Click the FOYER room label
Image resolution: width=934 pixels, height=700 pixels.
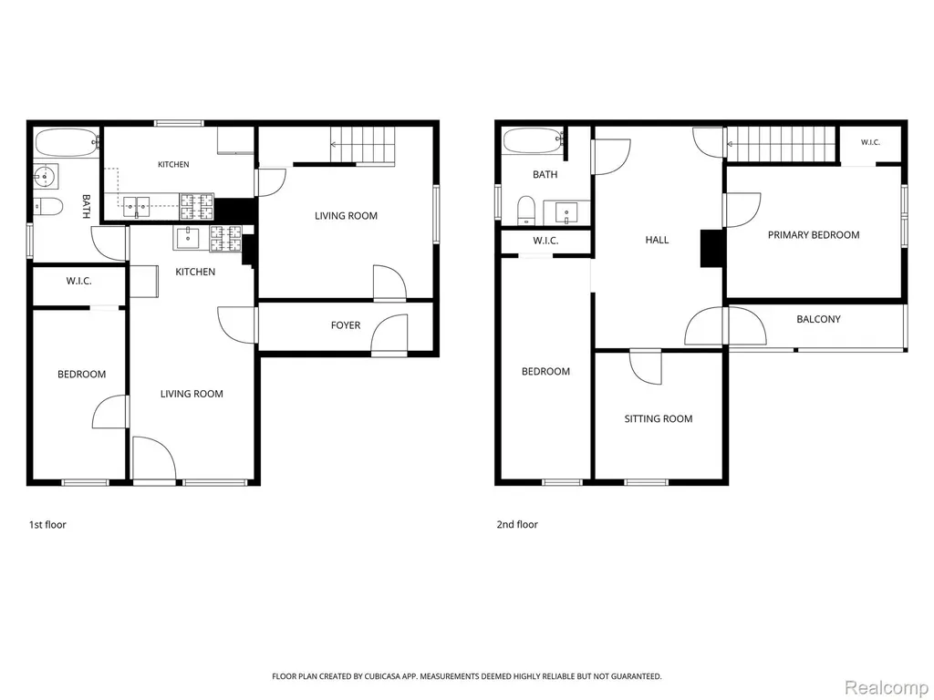pos(346,325)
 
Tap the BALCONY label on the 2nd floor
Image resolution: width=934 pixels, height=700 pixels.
pos(818,319)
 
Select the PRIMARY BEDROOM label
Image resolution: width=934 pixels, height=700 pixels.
pos(813,235)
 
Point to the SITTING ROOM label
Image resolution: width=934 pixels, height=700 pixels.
pos(659,419)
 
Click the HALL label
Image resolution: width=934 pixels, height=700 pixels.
pos(657,240)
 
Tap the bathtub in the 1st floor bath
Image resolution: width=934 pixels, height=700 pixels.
pos(67,143)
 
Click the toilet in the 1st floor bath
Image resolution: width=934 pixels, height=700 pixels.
pos(48,206)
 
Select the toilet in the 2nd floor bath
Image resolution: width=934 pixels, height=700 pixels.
pos(526,210)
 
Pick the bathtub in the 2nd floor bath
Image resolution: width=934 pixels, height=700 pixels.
pos(533,141)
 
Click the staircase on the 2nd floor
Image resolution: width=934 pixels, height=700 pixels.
pos(781,144)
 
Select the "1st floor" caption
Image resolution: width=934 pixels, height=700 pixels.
pos(47,524)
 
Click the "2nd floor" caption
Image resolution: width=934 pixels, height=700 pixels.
pos(517,524)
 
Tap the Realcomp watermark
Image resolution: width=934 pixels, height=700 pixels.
pos(887,688)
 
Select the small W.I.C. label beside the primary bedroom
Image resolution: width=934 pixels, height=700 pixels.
pos(870,142)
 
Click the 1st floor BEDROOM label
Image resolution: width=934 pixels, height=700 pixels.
pos(81,375)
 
